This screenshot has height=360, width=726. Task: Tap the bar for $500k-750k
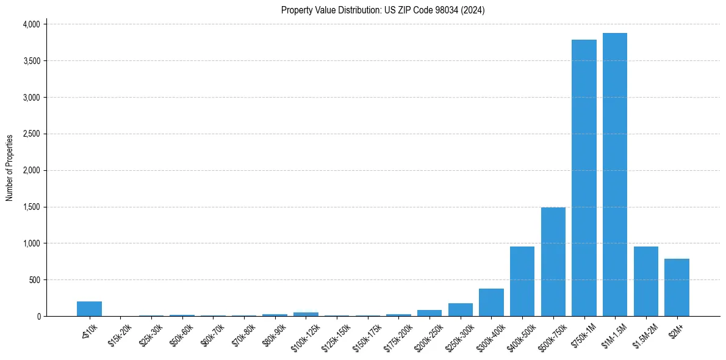tap(553, 262)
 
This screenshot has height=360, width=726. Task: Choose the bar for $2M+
tap(677, 287)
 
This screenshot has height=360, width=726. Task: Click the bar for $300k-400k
tap(491, 303)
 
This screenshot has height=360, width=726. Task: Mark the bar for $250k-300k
tap(460, 310)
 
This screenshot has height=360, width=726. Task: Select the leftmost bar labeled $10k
tap(89, 309)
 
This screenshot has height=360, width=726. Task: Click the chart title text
tap(383, 10)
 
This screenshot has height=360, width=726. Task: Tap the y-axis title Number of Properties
tap(10, 168)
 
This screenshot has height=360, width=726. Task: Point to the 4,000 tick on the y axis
tap(31, 24)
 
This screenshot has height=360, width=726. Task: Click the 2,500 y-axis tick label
tap(31, 134)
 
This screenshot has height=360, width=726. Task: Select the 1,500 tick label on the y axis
tap(31, 207)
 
